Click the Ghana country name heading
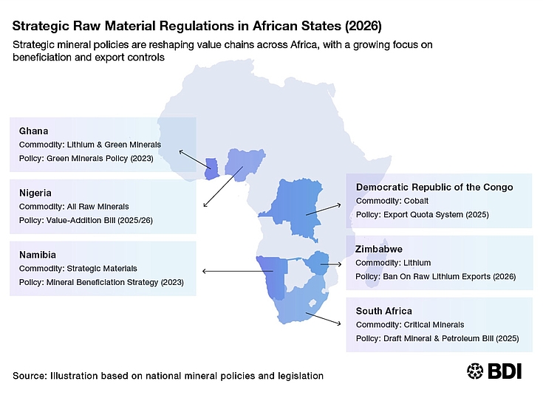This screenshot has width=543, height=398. (x=33, y=131)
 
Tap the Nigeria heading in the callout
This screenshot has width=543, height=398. (x=35, y=193)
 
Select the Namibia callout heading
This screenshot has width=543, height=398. (x=38, y=255)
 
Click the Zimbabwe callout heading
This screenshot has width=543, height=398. (x=379, y=249)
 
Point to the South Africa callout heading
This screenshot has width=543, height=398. (x=384, y=311)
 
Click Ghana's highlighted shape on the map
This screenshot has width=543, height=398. (x=211, y=169)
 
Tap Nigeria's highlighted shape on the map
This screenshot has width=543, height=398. (x=244, y=163)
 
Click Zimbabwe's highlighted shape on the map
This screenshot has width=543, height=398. (x=317, y=263)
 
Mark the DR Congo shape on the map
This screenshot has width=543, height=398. (x=294, y=207)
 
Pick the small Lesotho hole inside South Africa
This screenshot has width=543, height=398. (x=313, y=303)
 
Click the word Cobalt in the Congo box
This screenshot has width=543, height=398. (x=416, y=201)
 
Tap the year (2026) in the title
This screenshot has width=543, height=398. (x=363, y=26)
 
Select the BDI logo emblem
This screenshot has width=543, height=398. (x=475, y=371)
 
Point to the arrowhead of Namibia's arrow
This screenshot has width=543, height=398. (x=205, y=271)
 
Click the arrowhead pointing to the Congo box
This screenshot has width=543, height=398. (x=338, y=205)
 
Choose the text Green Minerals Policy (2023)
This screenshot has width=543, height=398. (x=100, y=158)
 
